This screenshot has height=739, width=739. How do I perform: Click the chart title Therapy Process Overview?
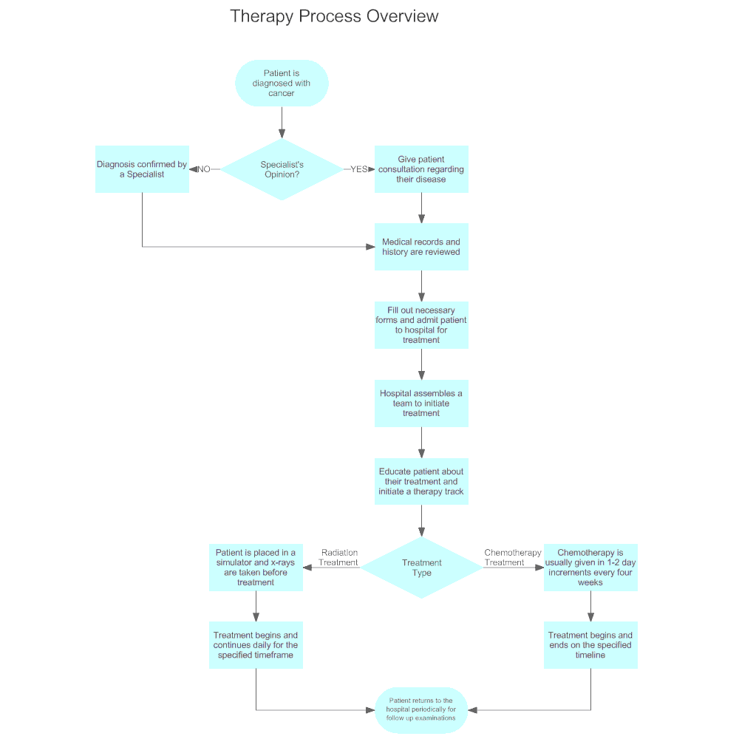point(334,16)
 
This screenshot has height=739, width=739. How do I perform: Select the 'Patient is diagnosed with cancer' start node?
point(282,83)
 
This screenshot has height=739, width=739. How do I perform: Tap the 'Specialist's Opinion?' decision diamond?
point(282,169)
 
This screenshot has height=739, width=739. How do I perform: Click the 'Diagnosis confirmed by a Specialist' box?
point(143,169)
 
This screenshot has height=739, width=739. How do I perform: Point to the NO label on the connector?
point(204,169)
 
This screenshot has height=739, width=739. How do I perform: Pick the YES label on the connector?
point(358,169)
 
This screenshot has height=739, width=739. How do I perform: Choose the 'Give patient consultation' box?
point(421,169)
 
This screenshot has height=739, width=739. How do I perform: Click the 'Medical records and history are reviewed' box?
point(421,247)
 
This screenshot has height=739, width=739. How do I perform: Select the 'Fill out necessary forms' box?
point(421,325)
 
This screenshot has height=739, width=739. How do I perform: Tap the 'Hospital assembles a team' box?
point(421,403)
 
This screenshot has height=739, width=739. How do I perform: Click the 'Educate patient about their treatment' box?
point(421,481)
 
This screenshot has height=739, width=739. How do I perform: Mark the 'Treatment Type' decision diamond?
point(421,568)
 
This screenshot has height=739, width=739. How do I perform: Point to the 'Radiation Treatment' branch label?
point(338,557)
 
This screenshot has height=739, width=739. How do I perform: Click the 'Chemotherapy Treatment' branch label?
point(513,557)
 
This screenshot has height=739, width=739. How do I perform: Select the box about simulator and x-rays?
point(256,568)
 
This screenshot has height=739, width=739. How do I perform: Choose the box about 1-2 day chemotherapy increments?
point(590,568)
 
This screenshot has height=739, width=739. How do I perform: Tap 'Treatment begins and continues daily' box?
point(256,645)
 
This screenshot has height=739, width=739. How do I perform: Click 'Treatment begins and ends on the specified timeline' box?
point(590,645)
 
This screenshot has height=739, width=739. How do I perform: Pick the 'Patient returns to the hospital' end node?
point(421,709)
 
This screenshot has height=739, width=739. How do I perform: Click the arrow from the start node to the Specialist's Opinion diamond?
point(282,123)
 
